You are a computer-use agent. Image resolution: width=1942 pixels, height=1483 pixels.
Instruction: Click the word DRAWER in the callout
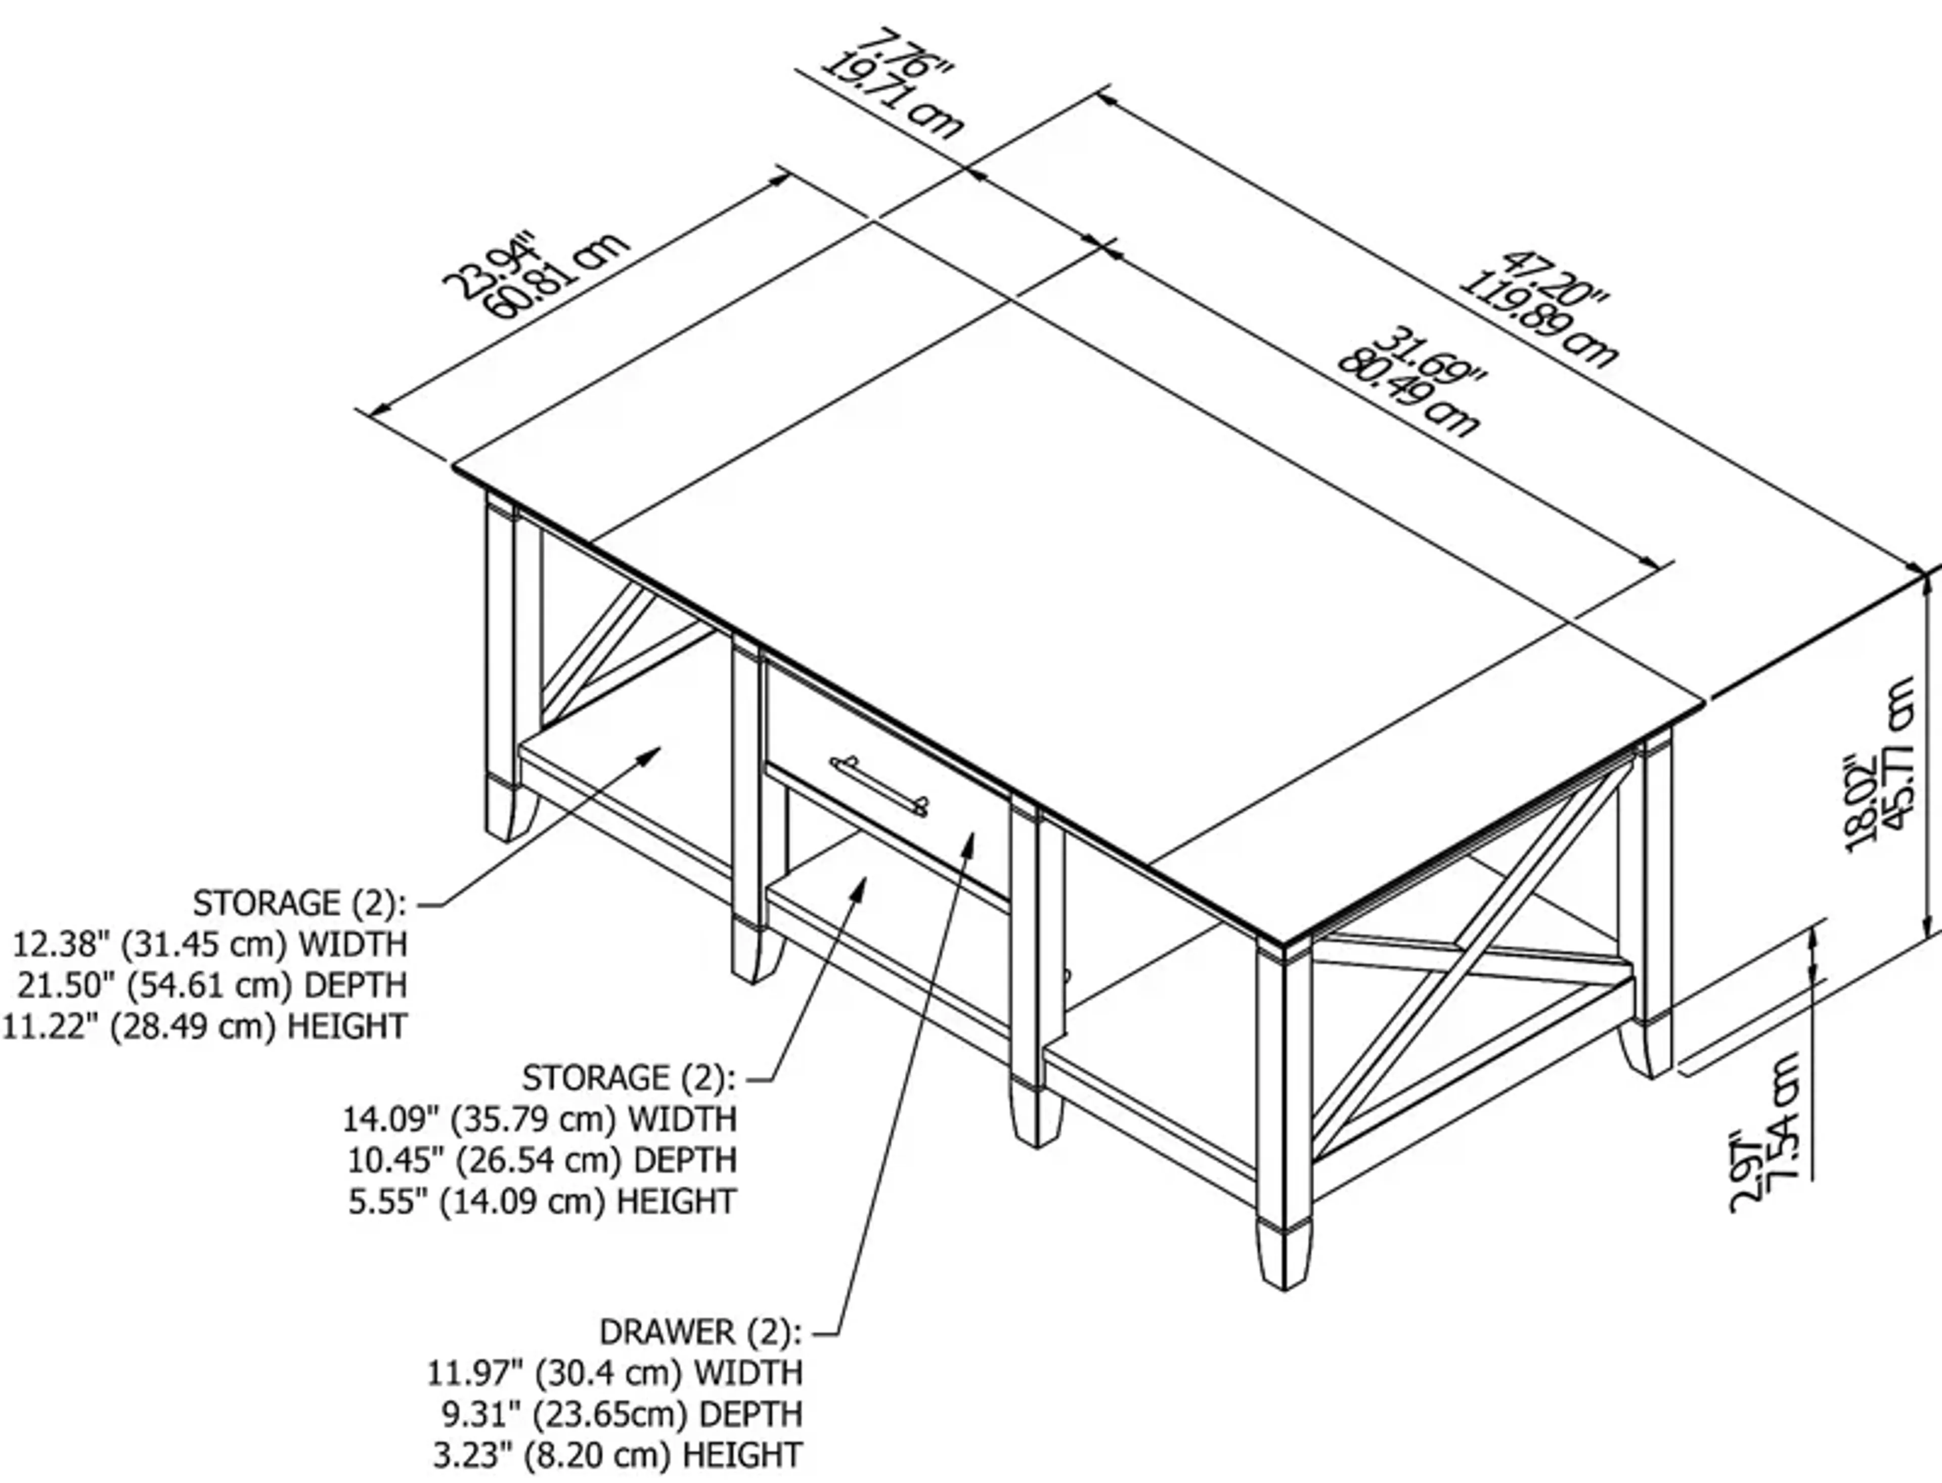click(667, 1332)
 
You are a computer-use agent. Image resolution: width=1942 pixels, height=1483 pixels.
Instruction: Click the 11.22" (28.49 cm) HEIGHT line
click(205, 1026)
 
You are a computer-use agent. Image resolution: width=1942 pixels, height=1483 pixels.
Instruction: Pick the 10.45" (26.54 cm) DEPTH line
click(541, 1160)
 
